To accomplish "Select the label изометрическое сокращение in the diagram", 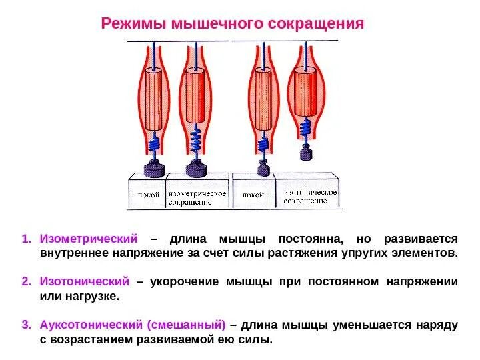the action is coord(197,197).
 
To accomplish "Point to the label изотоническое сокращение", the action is coord(310,196).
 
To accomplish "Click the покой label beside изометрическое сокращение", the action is coord(148,195).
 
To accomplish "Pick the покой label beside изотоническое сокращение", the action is coord(253,195).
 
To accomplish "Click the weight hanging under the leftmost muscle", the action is coord(157,169).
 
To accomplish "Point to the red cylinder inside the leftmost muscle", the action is coord(156,100).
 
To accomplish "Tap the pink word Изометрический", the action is coord(88,239).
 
